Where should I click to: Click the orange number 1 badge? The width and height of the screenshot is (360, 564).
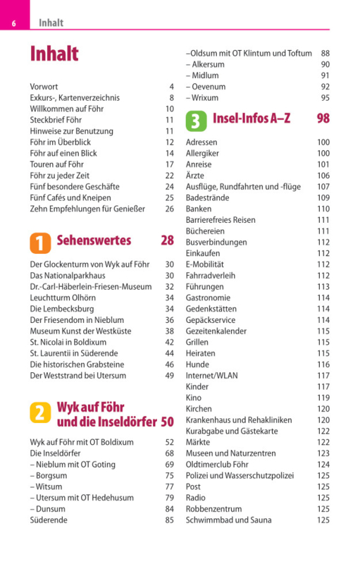point(40,243)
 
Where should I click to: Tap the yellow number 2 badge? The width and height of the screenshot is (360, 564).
point(40,412)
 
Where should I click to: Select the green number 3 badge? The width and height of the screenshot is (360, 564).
point(196,121)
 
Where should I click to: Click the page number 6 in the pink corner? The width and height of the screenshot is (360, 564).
point(13,23)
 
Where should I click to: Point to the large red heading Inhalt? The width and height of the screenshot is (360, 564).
point(54,54)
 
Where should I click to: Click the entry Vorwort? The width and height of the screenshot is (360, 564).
point(44,87)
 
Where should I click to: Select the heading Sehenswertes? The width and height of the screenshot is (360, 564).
point(94,240)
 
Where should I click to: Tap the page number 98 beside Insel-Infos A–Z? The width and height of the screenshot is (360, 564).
point(323,118)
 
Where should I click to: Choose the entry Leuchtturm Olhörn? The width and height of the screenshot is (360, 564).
point(63,298)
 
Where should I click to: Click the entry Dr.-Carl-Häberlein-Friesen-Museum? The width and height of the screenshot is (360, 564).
point(91,287)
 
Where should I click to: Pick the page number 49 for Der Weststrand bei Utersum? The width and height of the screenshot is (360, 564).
point(170,376)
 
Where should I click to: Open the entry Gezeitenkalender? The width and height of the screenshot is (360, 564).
point(216,331)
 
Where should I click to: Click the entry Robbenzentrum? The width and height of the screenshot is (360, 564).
point(213,509)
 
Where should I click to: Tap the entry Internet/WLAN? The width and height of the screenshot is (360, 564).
point(211,376)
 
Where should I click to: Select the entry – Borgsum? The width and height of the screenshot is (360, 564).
point(49,475)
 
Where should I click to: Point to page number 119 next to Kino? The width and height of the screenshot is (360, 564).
point(323,398)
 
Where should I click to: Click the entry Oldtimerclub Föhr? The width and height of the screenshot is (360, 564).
point(217,465)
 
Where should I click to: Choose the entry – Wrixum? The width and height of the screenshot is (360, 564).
point(202,98)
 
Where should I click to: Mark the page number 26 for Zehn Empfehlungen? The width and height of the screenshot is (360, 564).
point(170,209)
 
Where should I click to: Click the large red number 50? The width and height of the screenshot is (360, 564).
point(168,422)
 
